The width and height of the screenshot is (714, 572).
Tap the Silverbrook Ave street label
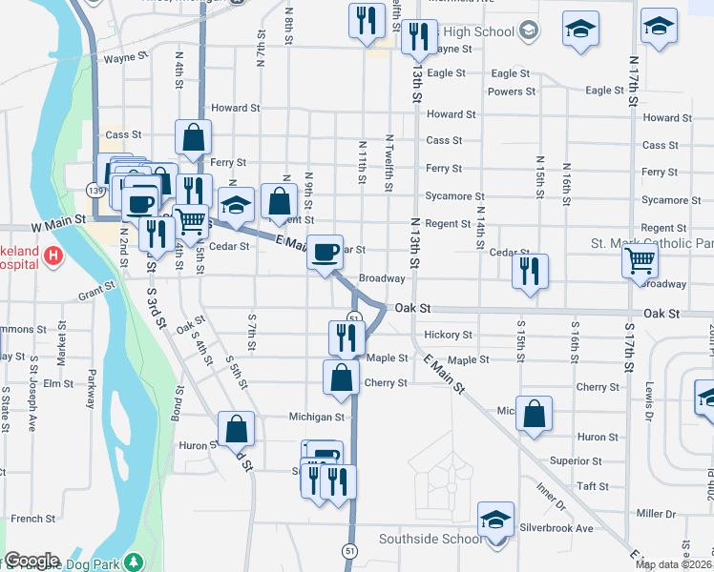pyautogui.click(x=556, y=528)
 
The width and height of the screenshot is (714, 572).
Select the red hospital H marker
pyautogui.click(x=54, y=255)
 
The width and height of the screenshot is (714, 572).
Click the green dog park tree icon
pyautogui.click(x=135, y=562)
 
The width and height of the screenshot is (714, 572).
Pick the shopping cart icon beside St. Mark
pyautogui.click(x=640, y=259)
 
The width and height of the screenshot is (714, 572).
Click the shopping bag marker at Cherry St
pyautogui.click(x=341, y=378)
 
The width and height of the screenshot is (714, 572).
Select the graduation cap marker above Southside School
pyautogui.click(x=494, y=519)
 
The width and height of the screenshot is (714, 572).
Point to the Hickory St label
pyautogui.click(x=448, y=336)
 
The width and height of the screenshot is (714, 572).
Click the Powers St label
pyautogui.click(x=511, y=92)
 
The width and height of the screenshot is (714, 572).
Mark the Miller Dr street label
pyautogui.click(x=656, y=514)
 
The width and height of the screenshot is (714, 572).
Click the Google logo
pyautogui.click(x=31, y=561)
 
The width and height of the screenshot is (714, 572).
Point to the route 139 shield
pyautogui.click(x=95, y=191)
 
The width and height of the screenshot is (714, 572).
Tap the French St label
pyautogui.click(x=33, y=519)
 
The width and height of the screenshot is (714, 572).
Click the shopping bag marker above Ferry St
pyautogui.click(x=193, y=138)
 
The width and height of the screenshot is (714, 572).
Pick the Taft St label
pyautogui.click(x=593, y=486)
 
